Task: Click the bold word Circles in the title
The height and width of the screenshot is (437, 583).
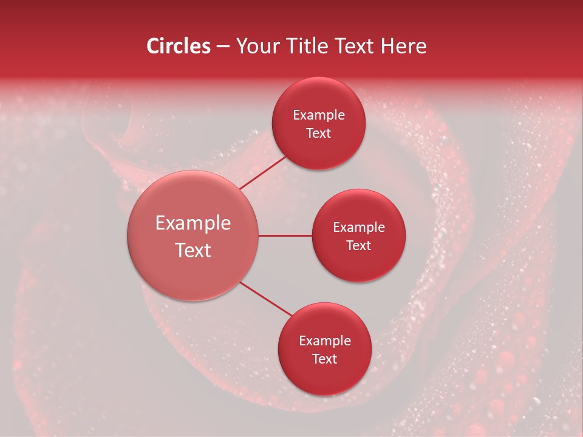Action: pyautogui.click(x=178, y=46)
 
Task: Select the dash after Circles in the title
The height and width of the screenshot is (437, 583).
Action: pyautogui.click(x=223, y=47)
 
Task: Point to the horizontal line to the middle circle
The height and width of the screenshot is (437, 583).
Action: pyautogui.click(x=285, y=235)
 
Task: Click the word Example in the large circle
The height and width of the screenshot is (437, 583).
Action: pyautogui.click(x=193, y=223)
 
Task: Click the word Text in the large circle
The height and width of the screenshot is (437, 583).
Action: pyautogui.click(x=193, y=250)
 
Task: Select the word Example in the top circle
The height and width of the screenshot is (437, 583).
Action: pyautogui.click(x=319, y=115)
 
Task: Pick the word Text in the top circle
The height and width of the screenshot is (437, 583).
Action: pyautogui.click(x=318, y=134)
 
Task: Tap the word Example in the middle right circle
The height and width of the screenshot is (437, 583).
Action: pyautogui.click(x=359, y=228)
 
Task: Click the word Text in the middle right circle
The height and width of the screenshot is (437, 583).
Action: pyautogui.click(x=358, y=246)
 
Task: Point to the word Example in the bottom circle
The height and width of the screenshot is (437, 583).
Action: pyautogui.click(x=325, y=341)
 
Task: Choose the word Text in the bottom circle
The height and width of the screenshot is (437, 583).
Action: pyautogui.click(x=324, y=359)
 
